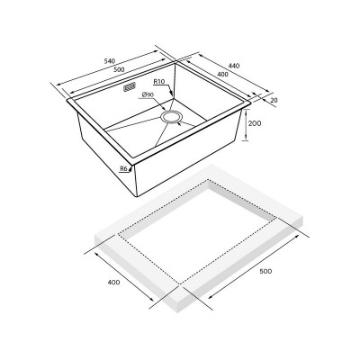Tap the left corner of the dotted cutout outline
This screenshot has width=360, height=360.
click(118, 236)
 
